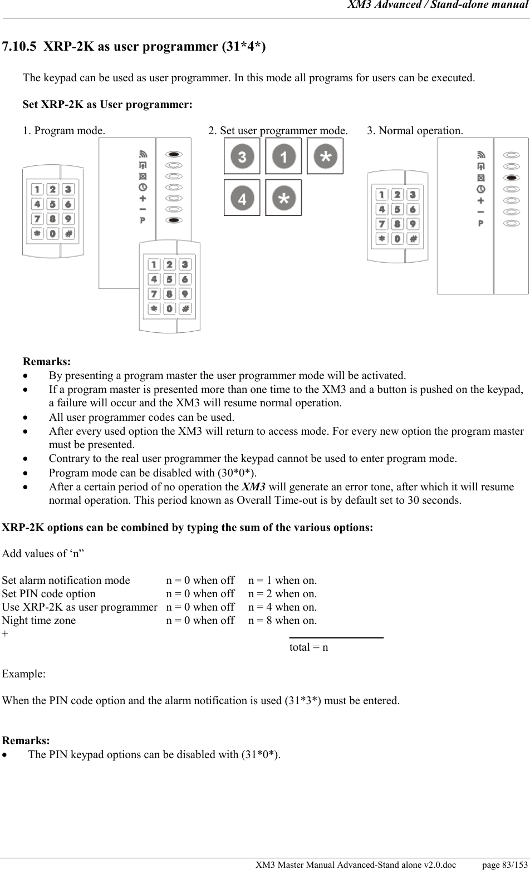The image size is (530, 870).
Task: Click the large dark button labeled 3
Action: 242,156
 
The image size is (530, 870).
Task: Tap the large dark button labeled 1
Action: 283,156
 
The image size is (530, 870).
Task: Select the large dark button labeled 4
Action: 242,198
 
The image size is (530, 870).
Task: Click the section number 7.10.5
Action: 19,46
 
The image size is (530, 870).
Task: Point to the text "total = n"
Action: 308,647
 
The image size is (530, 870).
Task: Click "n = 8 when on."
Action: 282,621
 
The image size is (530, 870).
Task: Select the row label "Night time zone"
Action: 39,621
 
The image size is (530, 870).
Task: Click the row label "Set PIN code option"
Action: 49,594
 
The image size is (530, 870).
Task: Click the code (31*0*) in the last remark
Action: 261,755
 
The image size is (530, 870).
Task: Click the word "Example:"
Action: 24,674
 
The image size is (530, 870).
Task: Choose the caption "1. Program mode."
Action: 63,131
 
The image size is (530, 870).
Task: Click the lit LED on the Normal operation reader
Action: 511,178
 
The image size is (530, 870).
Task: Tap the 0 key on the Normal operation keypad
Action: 397,239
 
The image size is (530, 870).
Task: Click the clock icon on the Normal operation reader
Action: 480,189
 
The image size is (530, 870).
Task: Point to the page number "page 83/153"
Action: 504,864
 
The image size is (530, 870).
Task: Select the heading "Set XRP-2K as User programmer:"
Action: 107,104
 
